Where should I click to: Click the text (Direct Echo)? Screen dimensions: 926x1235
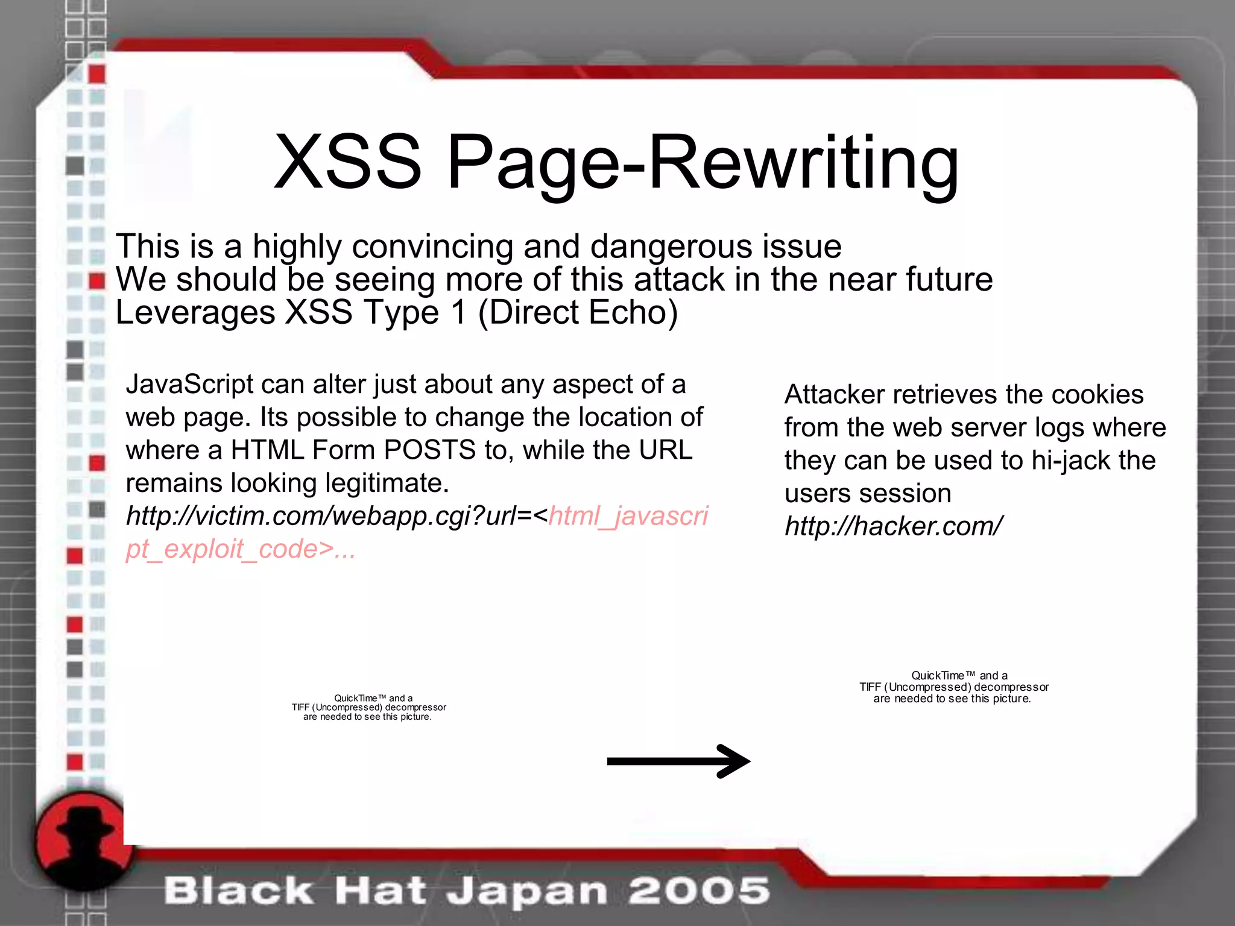pos(578,312)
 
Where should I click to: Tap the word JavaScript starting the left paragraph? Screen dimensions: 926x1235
pos(189,385)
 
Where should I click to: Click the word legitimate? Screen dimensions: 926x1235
pos(387,483)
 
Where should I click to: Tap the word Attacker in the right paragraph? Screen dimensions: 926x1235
pos(834,395)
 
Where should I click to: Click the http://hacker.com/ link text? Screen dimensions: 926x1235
pos(893,526)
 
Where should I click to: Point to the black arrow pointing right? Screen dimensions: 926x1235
pos(678,761)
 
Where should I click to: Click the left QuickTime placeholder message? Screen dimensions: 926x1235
pos(368,707)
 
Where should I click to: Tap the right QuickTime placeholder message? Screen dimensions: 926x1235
pos(954,687)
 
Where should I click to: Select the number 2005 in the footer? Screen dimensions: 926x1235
pos(700,890)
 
